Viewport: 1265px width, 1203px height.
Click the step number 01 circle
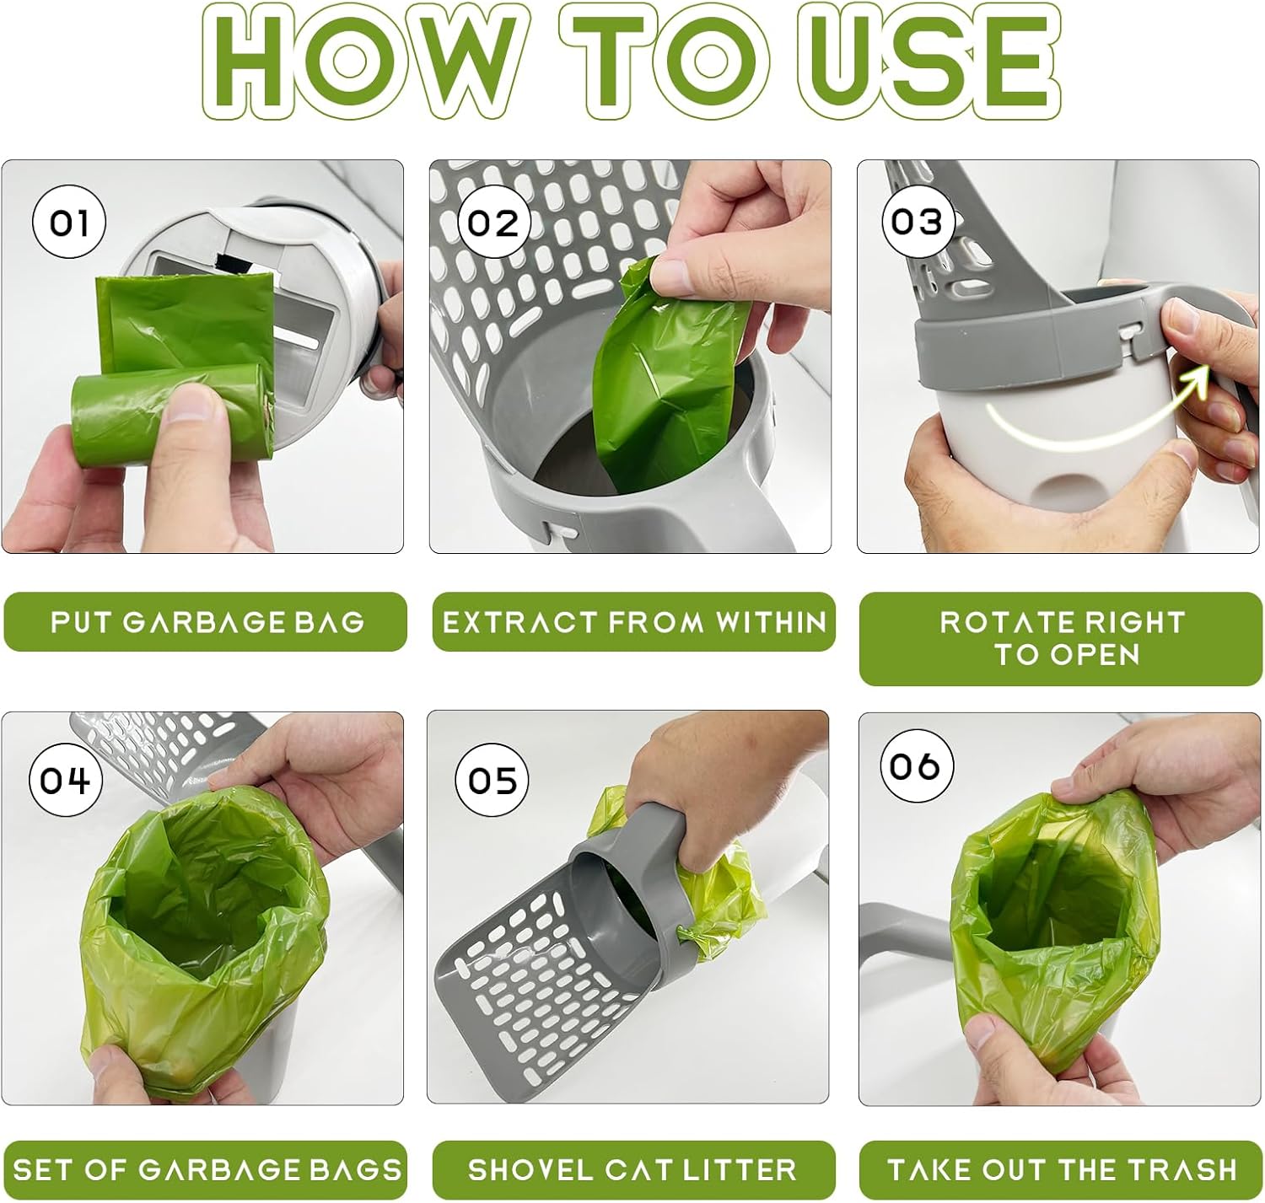coord(69,222)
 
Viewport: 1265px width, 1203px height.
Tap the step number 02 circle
coord(493,222)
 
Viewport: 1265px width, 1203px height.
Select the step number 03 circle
coord(918,222)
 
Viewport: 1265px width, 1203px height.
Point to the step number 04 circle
coord(66,781)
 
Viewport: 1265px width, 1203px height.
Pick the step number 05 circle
coord(492,781)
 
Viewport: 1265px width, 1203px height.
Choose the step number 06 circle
coord(917,765)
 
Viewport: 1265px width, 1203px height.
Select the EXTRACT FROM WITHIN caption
coord(634,622)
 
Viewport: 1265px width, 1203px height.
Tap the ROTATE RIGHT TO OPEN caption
coord(1061,639)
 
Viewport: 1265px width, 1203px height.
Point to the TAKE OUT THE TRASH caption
coord(1061,1169)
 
